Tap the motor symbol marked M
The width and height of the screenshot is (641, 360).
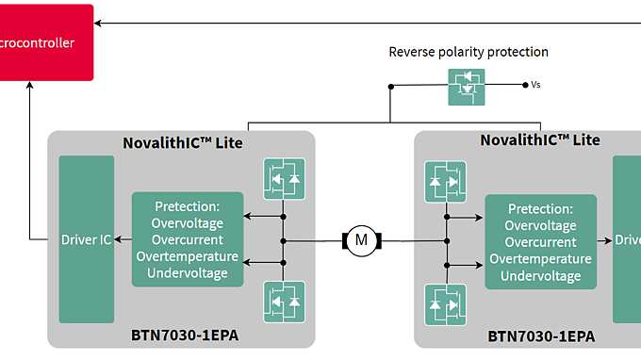pos(360,240)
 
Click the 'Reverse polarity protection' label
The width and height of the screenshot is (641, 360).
pos(468,52)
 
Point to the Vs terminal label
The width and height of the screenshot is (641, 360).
pos(535,85)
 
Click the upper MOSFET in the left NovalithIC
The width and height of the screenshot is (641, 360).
pos(284,179)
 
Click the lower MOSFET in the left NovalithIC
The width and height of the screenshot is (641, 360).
pos(284,301)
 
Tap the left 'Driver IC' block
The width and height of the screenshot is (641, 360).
pos(86,239)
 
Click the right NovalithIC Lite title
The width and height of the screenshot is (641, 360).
pos(540,139)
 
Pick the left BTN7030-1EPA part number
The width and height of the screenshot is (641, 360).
pos(183,334)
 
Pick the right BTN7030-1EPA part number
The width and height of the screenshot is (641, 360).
pos(540,335)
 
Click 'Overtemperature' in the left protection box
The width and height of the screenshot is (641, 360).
pos(188,257)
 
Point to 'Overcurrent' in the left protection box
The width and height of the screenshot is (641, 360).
pos(188,240)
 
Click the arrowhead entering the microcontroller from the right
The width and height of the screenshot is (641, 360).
pos(101,23)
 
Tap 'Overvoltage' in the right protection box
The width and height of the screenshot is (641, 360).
pos(540,225)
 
